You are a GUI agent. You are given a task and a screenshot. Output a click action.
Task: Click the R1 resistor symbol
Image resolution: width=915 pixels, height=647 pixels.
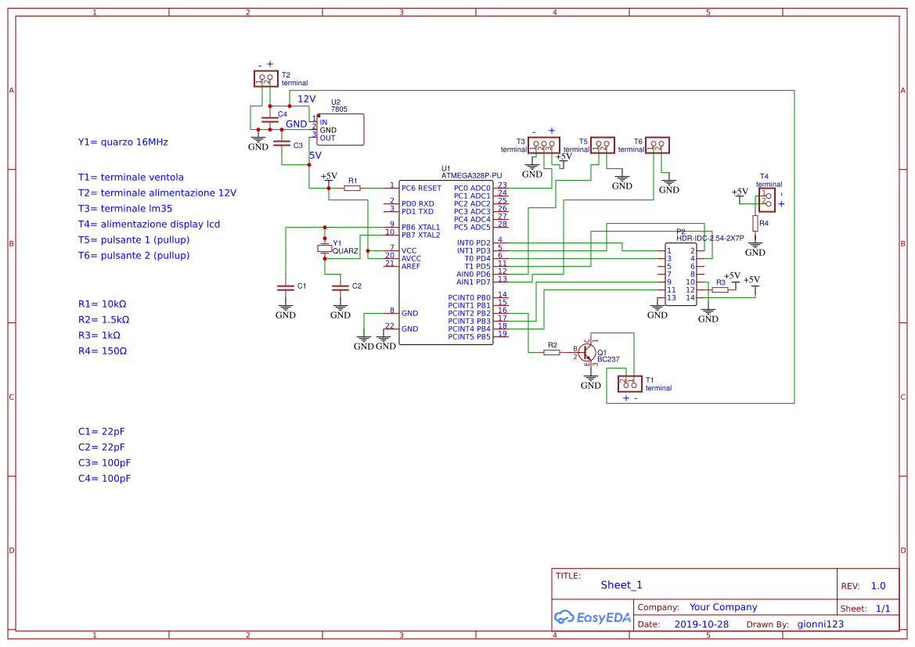352,188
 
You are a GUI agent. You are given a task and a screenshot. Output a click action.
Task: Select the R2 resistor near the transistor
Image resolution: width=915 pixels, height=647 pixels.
552,352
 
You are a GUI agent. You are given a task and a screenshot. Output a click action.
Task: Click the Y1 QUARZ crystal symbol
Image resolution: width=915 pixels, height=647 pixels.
324,248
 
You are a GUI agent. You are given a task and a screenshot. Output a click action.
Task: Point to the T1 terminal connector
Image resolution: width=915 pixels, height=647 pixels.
630,383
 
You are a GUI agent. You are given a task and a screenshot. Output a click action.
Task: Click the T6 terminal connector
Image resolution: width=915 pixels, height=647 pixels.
657,144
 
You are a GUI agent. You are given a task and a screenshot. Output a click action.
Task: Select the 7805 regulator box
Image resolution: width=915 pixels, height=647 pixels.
340,129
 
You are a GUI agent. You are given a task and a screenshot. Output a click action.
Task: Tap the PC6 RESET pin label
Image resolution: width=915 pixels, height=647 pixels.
421,188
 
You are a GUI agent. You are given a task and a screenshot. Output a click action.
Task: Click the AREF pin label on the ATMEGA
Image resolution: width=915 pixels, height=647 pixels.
411,266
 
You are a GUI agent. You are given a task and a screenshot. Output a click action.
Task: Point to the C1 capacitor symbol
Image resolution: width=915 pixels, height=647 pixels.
286,287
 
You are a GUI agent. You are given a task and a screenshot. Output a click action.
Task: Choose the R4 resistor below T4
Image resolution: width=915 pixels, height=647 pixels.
755,224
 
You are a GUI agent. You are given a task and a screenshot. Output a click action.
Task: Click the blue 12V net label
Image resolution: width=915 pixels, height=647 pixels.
306,99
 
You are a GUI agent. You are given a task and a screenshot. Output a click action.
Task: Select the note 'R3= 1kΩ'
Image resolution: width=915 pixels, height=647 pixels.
99,335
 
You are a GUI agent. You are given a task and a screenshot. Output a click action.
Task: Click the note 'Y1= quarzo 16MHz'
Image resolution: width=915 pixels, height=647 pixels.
123,142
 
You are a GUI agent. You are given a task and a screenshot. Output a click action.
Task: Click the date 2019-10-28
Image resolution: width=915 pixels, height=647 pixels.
701,624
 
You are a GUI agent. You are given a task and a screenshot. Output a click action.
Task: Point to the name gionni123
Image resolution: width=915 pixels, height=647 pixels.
820,624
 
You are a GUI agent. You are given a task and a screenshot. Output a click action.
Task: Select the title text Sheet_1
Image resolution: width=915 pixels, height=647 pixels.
621,584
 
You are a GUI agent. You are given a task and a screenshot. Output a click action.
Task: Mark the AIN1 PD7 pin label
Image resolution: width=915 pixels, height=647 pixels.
474,282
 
